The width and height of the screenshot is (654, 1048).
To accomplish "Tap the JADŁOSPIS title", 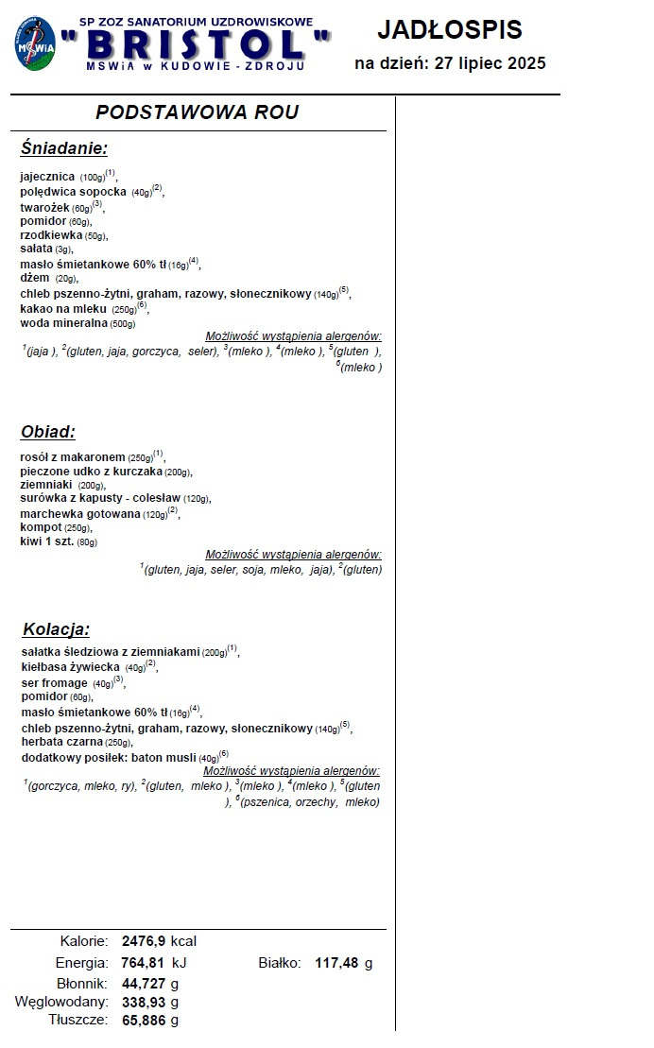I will [449, 29].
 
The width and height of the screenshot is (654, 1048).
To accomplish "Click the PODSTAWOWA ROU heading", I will [198, 112].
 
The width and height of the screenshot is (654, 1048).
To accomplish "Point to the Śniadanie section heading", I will [64, 148].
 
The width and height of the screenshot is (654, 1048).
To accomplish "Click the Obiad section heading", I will [47, 432].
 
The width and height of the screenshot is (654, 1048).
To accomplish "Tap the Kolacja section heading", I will [56, 629].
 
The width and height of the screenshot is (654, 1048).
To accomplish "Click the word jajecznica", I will [47, 177].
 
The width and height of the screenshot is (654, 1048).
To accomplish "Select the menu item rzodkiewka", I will [51, 235].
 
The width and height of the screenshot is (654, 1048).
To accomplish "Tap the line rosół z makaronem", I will [73, 456].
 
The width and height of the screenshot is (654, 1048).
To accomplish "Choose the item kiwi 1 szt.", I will [45, 541].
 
